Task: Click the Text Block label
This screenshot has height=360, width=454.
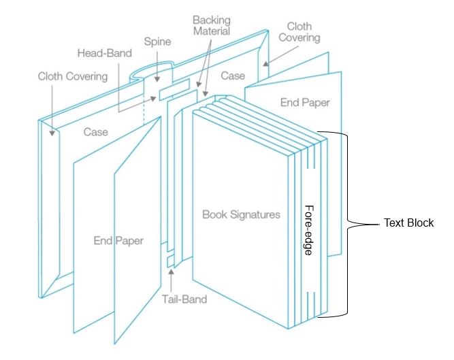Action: tap(408, 223)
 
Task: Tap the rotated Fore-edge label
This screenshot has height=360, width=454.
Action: tap(308, 230)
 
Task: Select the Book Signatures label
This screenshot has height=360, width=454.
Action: tap(241, 214)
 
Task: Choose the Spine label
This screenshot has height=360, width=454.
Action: tap(156, 42)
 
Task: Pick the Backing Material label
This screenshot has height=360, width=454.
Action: tap(211, 26)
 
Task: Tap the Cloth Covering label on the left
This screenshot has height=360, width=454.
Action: tap(72, 76)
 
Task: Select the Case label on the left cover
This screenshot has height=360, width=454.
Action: tap(96, 131)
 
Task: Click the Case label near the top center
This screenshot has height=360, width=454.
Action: tap(233, 76)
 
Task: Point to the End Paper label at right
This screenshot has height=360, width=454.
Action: tap(304, 103)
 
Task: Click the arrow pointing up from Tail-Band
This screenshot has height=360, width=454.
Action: tap(172, 278)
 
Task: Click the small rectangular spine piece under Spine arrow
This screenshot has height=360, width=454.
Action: tap(173, 91)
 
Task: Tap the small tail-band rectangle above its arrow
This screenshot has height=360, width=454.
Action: tap(171, 261)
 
